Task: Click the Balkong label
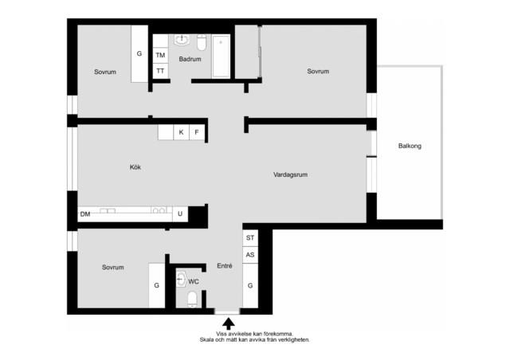click(410, 146)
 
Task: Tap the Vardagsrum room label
click(290, 174)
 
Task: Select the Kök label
click(135, 167)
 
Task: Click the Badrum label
click(190, 59)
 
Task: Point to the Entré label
click(225, 266)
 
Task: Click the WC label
click(194, 282)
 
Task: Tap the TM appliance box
click(160, 55)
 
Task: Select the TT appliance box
click(160, 71)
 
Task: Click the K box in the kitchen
click(181, 132)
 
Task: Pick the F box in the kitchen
click(197, 132)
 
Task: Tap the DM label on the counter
click(85, 214)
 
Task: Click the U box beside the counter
click(180, 214)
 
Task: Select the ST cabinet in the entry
click(250, 237)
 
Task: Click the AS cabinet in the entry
click(250, 255)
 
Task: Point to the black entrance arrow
click(229, 324)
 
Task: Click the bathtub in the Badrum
click(222, 57)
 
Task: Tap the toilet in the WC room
click(192, 299)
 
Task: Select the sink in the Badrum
click(182, 40)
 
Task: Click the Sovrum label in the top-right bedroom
click(318, 71)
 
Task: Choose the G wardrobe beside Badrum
click(139, 53)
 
